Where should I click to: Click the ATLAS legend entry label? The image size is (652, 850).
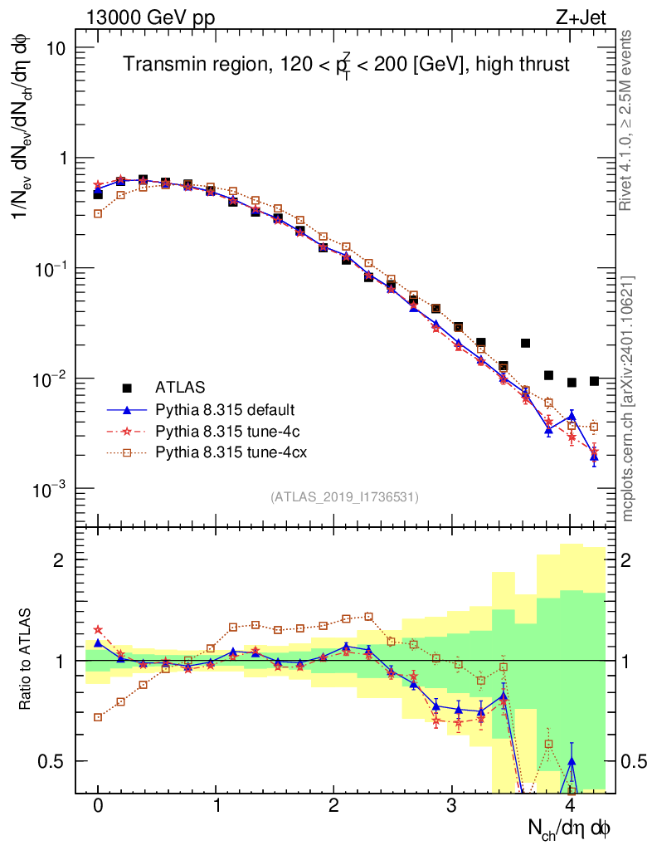pyautogui.click(x=180, y=388)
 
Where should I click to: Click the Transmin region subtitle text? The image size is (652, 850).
pyautogui.click(x=347, y=64)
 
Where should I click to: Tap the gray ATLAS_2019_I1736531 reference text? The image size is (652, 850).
pyautogui.click(x=344, y=497)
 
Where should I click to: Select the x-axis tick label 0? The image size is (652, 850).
pyautogui.click(x=98, y=806)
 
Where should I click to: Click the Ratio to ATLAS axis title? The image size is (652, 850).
pyautogui.click(x=27, y=658)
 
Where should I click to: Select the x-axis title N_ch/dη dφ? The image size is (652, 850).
pyautogui.click(x=570, y=828)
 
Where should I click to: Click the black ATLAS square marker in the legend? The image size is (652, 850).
pyautogui.click(x=127, y=388)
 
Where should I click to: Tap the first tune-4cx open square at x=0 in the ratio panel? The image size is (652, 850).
pyautogui.click(x=98, y=717)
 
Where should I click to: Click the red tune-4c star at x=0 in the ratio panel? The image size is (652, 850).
pyautogui.click(x=98, y=630)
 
